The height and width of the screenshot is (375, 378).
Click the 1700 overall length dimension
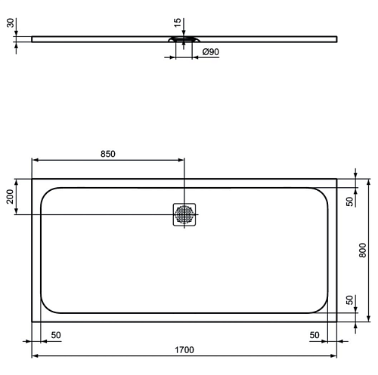[x=184, y=350]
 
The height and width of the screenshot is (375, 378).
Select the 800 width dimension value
[x=362, y=251]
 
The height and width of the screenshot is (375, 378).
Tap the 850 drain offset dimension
[x=108, y=154]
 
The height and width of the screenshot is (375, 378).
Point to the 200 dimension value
[x=10, y=197]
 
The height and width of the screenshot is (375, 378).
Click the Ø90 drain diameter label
[x=211, y=52]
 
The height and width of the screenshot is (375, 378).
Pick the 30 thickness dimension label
[x=11, y=23]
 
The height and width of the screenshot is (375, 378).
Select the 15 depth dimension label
[x=178, y=23]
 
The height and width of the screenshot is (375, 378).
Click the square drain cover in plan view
[x=184, y=214]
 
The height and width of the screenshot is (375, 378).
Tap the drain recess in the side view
[x=184, y=39]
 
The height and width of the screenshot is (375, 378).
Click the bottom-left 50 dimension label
[x=56, y=335]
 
